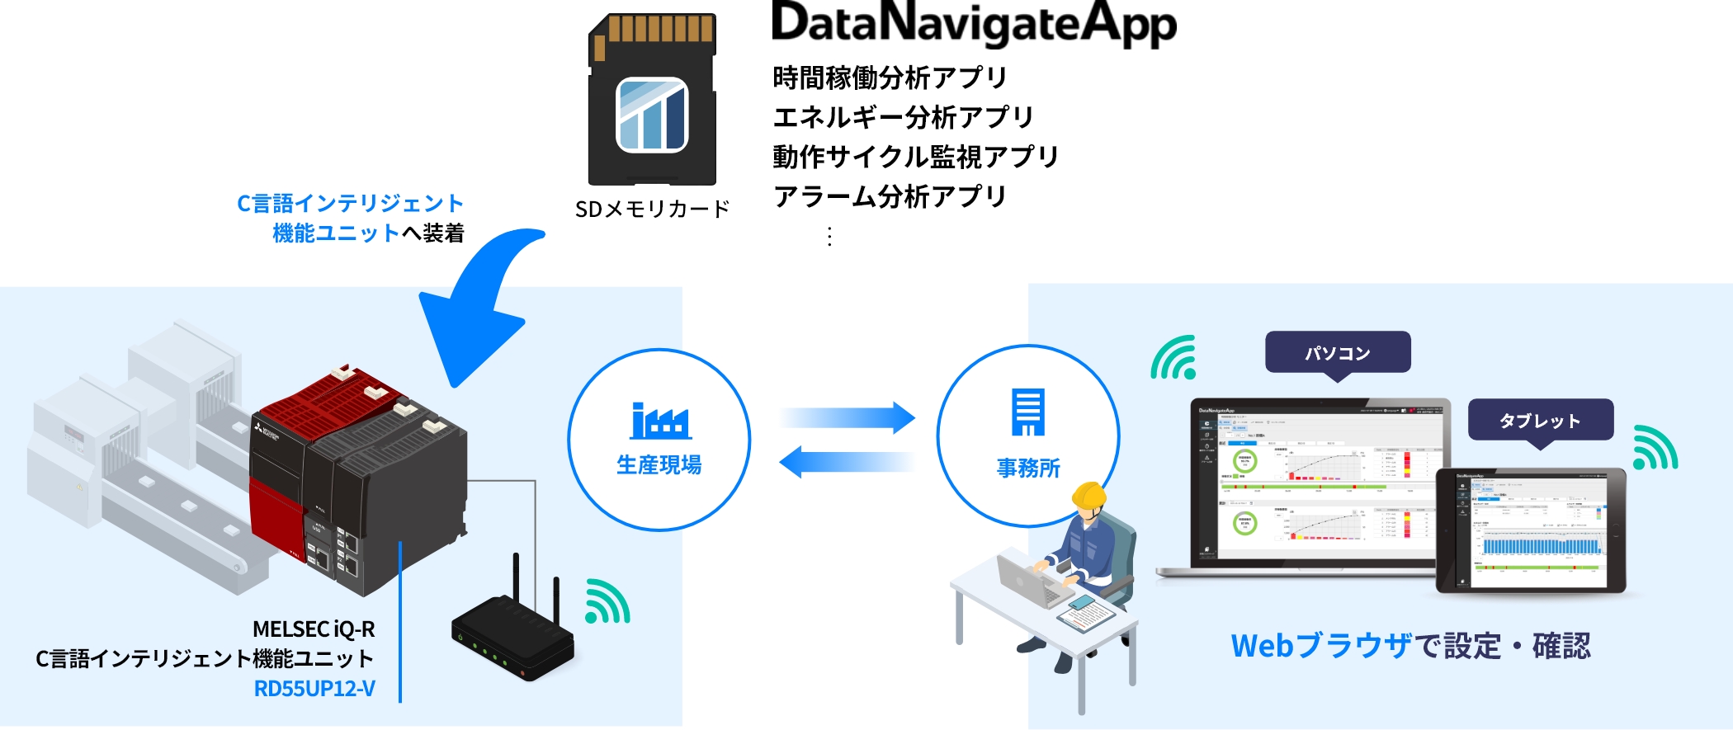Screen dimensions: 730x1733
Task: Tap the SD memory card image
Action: tap(652, 99)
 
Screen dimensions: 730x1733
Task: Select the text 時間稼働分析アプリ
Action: tap(890, 78)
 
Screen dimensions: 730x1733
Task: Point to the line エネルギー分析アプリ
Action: tap(903, 117)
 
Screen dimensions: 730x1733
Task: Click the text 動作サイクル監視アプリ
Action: tap(915, 157)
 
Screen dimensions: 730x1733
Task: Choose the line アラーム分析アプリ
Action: tap(890, 196)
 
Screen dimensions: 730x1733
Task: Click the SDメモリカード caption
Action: tap(652, 210)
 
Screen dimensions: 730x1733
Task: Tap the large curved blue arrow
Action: tap(479, 305)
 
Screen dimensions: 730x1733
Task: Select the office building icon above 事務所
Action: tap(1028, 412)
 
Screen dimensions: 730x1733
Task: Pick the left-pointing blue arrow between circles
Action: tap(847, 462)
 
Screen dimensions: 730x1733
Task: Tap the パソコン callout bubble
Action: tap(1338, 353)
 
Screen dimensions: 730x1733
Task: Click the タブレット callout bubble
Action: tap(1540, 421)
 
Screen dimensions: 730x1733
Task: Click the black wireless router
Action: tap(512, 639)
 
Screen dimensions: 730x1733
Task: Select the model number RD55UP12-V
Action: tap(314, 688)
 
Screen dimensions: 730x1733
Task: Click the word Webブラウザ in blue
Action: tap(1321, 646)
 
